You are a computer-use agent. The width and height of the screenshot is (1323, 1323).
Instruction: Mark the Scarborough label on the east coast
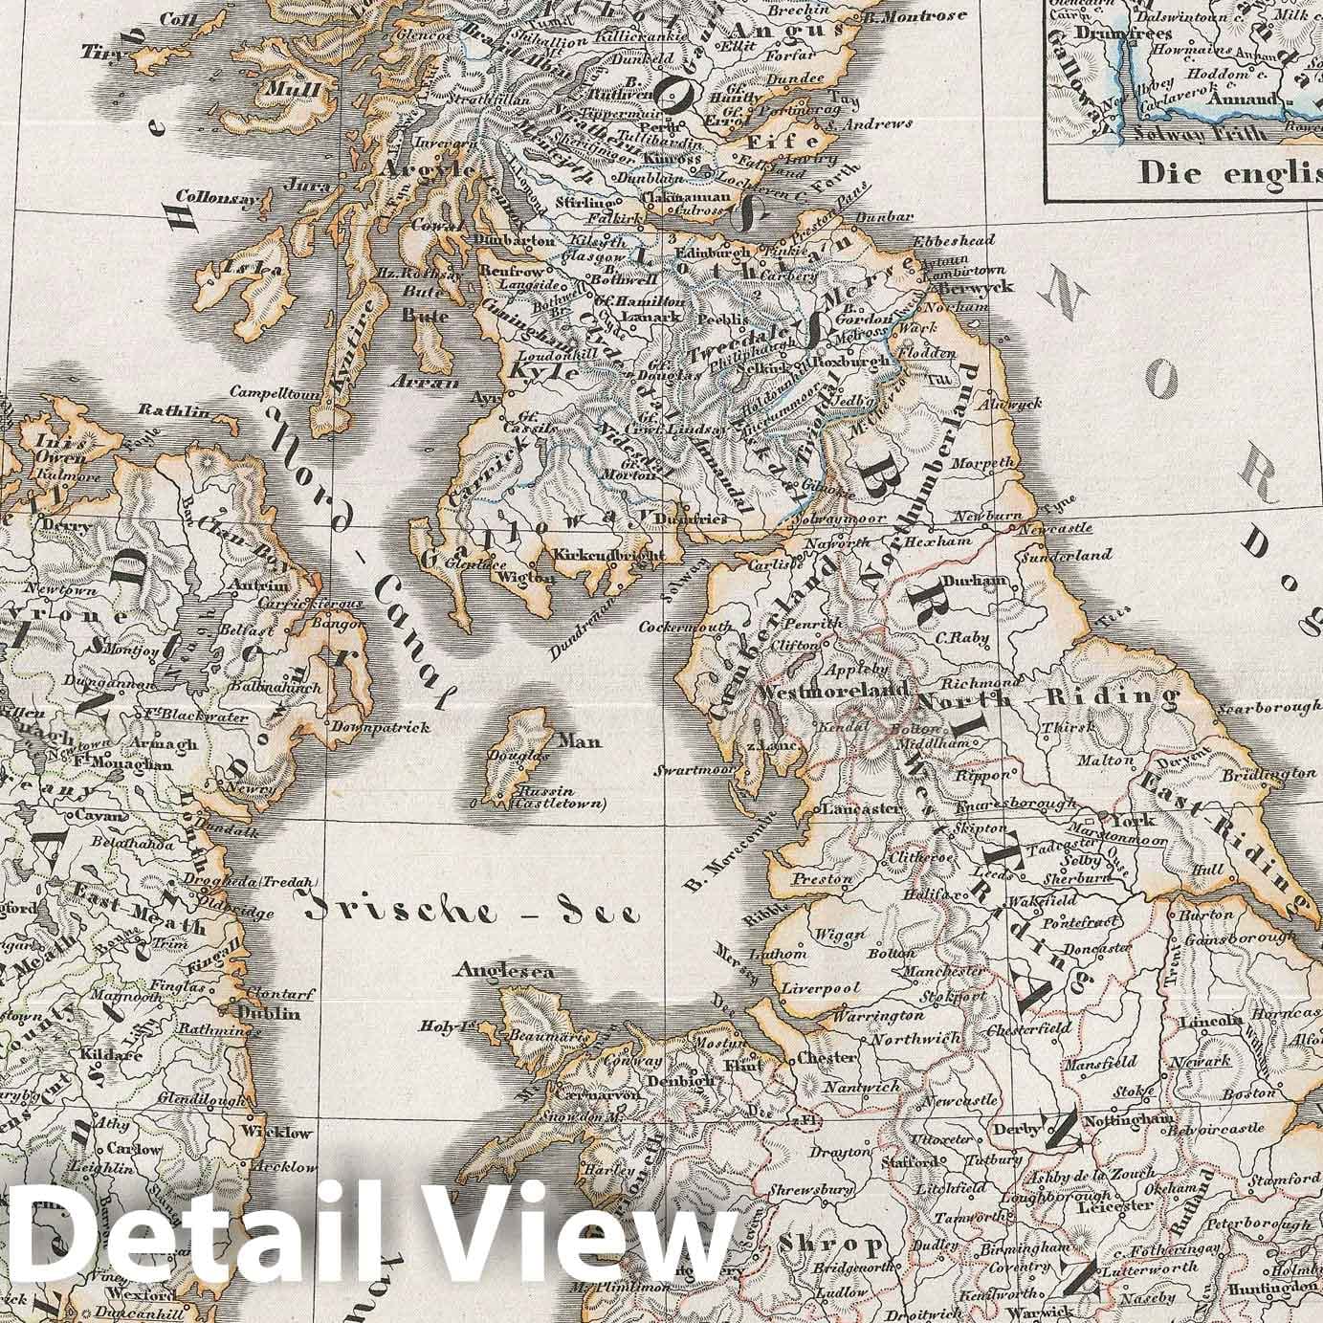[1268, 709]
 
